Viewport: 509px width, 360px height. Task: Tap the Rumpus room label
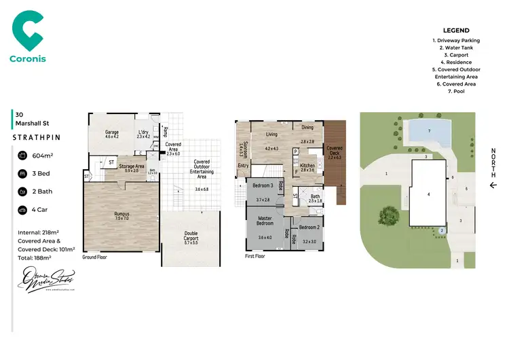tap(121, 214)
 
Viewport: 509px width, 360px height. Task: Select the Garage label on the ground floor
tap(112, 132)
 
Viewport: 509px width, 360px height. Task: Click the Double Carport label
tap(191, 235)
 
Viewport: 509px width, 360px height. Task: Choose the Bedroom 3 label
tap(263, 186)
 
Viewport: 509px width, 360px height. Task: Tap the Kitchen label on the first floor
tap(307, 165)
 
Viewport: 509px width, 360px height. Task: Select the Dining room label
tap(307, 128)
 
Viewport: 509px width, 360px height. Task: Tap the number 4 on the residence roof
tap(428, 194)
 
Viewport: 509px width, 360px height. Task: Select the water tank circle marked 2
tap(441, 231)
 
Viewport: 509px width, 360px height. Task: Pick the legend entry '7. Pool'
tap(455, 92)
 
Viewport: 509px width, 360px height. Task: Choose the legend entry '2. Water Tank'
tap(455, 47)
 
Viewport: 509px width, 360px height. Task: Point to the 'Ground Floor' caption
tap(96, 257)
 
